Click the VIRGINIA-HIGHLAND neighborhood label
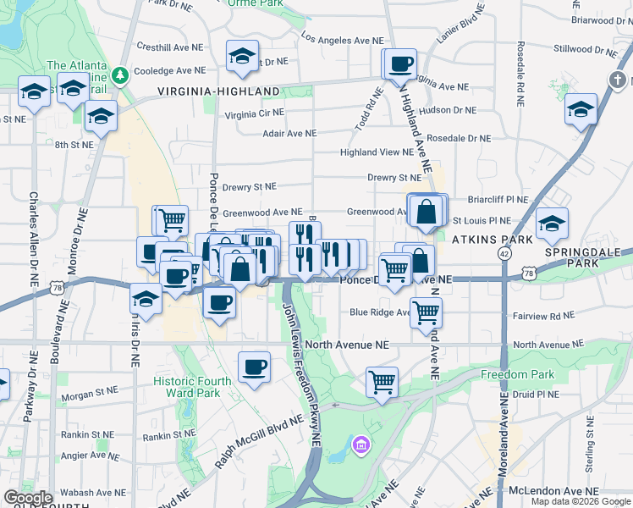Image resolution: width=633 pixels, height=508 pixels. [x=218, y=91]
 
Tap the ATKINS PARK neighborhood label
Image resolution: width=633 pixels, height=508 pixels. [x=493, y=240]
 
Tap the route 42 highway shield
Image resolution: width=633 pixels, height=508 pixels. [x=504, y=253]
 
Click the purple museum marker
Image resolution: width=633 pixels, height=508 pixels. [x=361, y=444]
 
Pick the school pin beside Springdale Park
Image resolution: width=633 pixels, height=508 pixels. [x=552, y=224]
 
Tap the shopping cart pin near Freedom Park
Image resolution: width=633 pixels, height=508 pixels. [x=382, y=381]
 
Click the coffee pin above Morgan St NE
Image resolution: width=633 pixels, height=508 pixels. [x=254, y=367]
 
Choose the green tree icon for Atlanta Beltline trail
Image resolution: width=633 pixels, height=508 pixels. [x=121, y=75]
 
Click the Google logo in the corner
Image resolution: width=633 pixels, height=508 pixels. [x=28, y=497]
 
